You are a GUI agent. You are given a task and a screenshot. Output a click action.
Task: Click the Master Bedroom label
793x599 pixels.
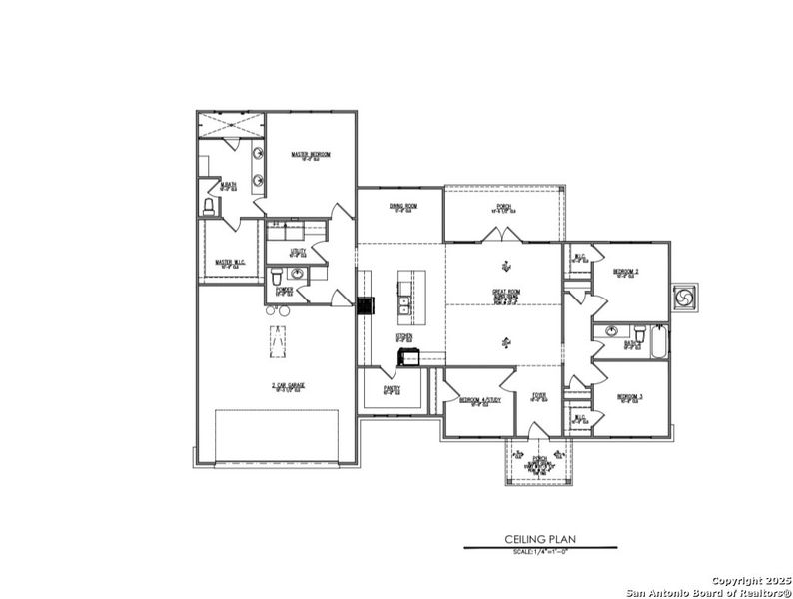coord(311,155)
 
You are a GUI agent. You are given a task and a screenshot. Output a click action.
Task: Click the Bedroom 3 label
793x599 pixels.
coord(629,397)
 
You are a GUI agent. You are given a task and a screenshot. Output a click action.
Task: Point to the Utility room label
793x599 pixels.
coord(297,252)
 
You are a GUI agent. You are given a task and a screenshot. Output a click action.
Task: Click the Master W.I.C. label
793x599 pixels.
coord(231,263)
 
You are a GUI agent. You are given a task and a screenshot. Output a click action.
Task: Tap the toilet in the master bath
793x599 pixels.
coord(209,207)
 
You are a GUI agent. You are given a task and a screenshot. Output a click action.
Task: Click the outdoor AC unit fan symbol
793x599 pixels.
coord(684,297)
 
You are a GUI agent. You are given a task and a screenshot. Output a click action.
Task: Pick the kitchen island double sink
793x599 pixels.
coord(404,299)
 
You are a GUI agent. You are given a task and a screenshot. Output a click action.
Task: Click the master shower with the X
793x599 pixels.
coord(231,126)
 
